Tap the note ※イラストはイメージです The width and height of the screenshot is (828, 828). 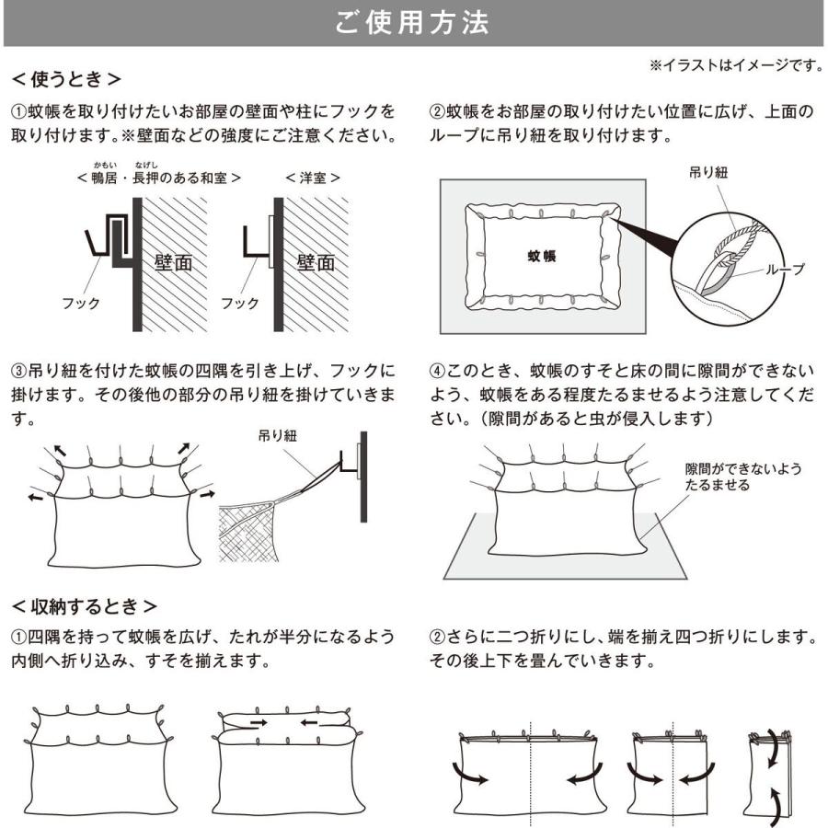(735, 65)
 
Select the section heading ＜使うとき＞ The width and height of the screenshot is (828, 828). (65, 79)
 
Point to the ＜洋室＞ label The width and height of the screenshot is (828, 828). (312, 177)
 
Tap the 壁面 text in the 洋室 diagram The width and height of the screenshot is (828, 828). (316, 264)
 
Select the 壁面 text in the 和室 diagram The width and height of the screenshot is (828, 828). (173, 264)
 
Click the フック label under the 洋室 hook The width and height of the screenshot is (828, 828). (239, 303)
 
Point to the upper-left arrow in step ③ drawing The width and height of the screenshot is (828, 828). (60, 450)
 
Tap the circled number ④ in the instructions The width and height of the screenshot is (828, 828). (438, 371)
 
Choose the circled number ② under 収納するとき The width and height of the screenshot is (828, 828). (438, 636)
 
